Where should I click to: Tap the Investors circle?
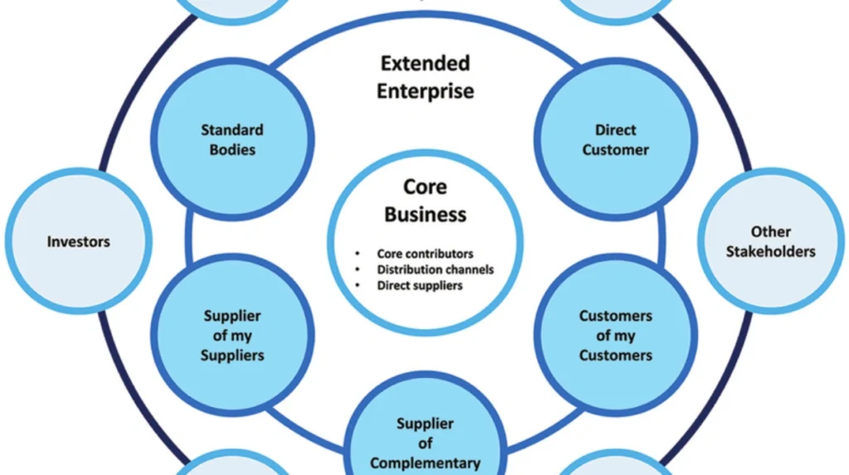pyautogui.click(x=79, y=241)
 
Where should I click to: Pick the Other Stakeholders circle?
pyautogui.click(x=770, y=241)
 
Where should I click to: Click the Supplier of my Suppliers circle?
pyautogui.click(x=233, y=335)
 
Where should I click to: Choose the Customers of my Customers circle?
pyautogui.click(x=615, y=335)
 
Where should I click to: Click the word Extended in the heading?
pyautogui.click(x=425, y=63)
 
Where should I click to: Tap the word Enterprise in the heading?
pyautogui.click(x=425, y=90)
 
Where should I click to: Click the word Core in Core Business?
pyautogui.click(x=425, y=187)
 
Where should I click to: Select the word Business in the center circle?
pyautogui.click(x=425, y=214)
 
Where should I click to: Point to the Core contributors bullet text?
pyautogui.click(x=424, y=254)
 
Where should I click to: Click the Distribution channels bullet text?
pyautogui.click(x=435, y=269)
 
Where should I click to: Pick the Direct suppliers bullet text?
pyautogui.click(x=420, y=285)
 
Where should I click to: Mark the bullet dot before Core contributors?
pyautogui.click(x=357, y=254)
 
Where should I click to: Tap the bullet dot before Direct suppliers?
pyautogui.click(x=357, y=285)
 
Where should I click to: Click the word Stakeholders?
pyautogui.click(x=770, y=251)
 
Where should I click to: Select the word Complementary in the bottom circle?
pyautogui.click(x=425, y=463)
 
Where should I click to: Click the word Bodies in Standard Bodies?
pyautogui.click(x=233, y=150)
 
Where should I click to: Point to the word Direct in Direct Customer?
pyautogui.click(x=615, y=129)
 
